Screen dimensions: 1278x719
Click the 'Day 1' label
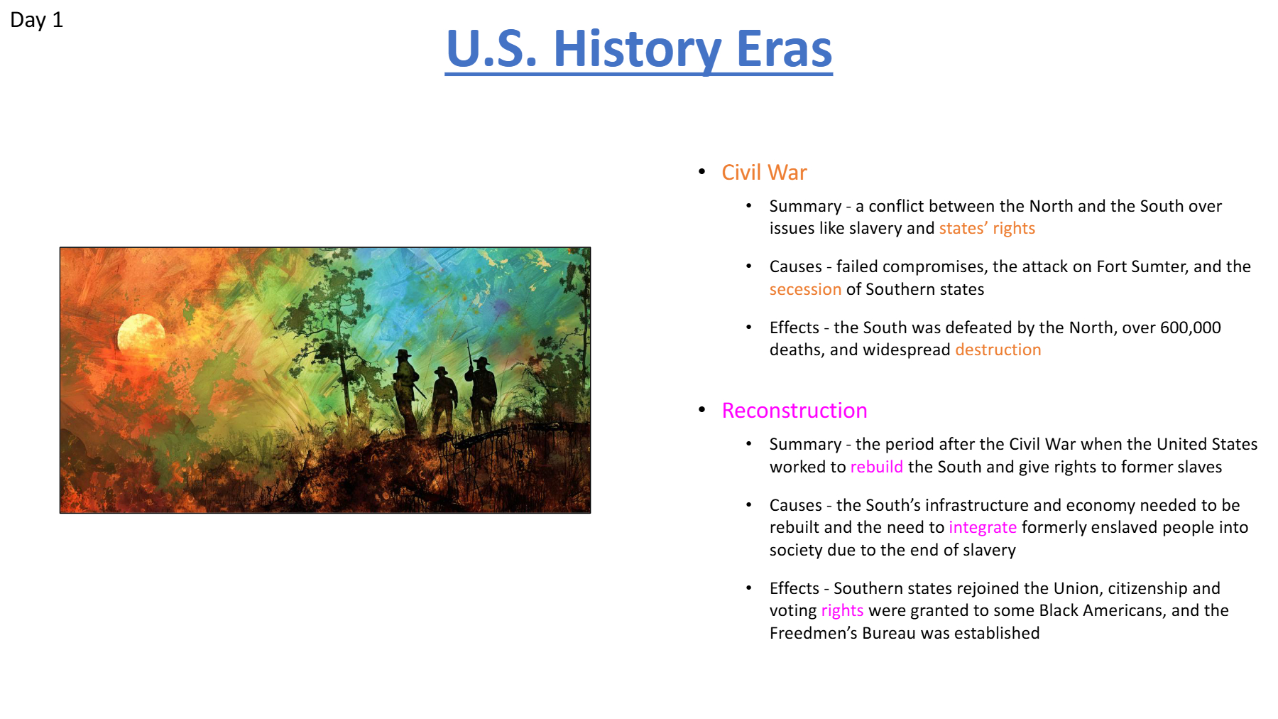pos(36,20)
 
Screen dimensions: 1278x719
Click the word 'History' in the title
pos(637,50)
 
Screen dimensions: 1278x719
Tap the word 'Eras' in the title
pos(784,49)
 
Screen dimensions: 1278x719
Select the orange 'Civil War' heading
pos(764,173)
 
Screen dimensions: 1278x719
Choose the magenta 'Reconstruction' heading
pos(794,411)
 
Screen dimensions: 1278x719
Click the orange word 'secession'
pos(805,289)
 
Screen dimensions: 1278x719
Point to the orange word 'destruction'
pos(998,350)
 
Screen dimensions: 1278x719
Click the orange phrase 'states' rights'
pos(987,228)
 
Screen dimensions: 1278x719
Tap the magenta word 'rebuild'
pos(877,467)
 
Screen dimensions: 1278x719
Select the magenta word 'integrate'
pos(983,527)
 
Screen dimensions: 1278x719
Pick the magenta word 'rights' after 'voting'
pos(842,610)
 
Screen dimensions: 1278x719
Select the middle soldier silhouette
pos(444,400)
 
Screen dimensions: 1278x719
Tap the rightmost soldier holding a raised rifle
pos(482,391)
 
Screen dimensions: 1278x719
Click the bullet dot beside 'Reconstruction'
pos(702,409)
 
